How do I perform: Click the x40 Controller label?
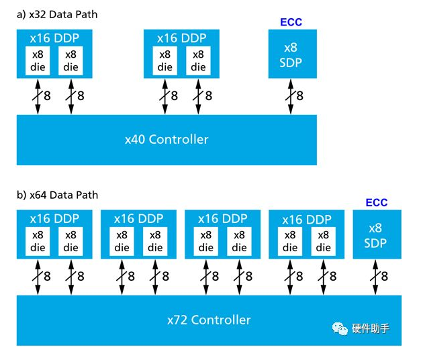[x=167, y=140]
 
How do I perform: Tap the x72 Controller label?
[x=209, y=320]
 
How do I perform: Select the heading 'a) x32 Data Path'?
[x=57, y=14]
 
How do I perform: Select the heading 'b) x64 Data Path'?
[x=57, y=195]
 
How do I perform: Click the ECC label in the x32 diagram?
[x=291, y=22]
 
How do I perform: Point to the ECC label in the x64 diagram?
[x=376, y=202]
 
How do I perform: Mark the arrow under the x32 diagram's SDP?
[x=291, y=95]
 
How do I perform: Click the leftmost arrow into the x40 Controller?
[x=38, y=95]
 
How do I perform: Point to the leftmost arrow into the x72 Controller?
[x=38, y=276]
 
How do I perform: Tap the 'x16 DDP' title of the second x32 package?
[x=181, y=38]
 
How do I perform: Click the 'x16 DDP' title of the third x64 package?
[x=222, y=219]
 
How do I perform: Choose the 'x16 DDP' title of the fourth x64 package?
[x=306, y=219]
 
